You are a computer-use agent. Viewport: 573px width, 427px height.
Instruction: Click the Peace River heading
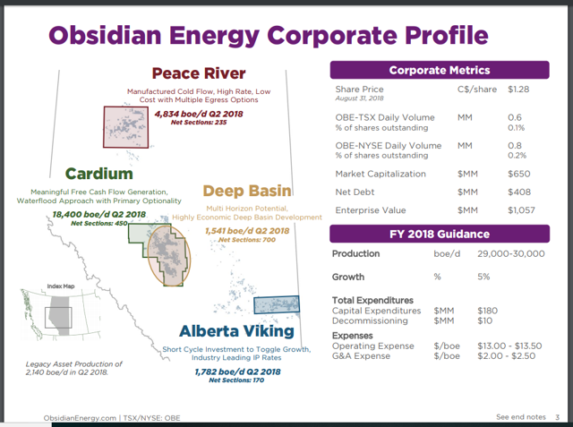coord(199,73)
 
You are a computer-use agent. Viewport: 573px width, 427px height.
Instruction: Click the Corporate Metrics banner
coord(439,70)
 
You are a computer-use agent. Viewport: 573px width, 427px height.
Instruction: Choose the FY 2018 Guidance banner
coord(439,234)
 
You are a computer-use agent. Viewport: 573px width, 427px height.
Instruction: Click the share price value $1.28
coord(519,90)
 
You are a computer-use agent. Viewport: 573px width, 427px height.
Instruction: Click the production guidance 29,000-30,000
coord(512,254)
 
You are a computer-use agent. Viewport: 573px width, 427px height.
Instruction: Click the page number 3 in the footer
coord(556,416)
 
